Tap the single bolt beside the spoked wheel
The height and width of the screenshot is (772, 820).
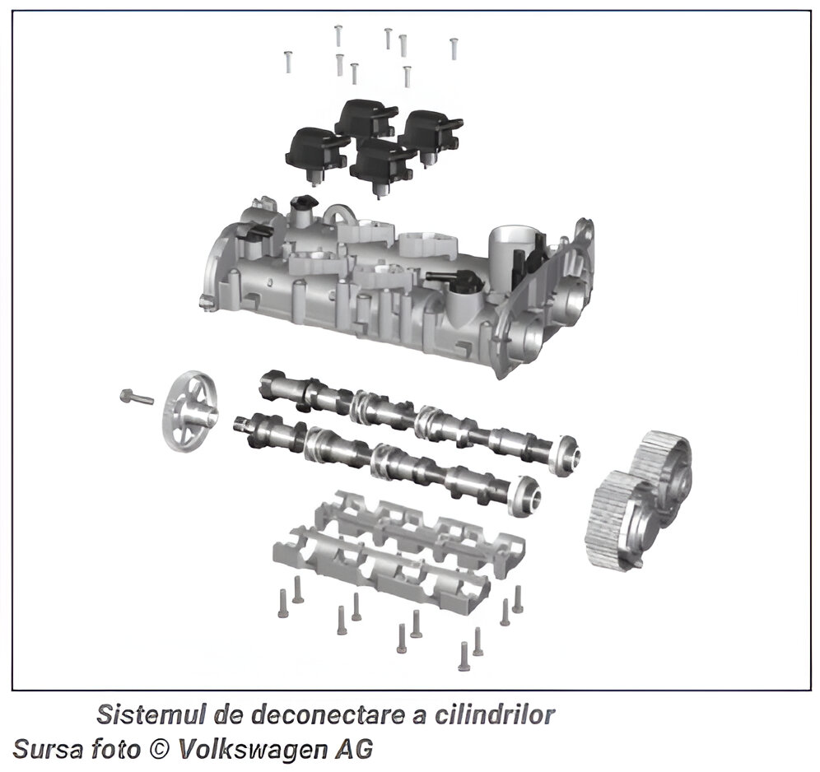[137, 398]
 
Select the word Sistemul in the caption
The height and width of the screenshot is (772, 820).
[152, 714]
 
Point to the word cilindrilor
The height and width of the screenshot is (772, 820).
[494, 714]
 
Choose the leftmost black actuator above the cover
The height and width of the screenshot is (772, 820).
[316, 155]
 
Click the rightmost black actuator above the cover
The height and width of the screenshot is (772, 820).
[431, 135]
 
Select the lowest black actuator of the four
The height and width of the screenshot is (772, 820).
[383, 166]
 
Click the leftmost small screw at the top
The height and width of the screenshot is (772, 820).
[287, 61]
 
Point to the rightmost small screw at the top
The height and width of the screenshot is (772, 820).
[454, 48]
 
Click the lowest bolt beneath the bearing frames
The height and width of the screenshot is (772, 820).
[464, 656]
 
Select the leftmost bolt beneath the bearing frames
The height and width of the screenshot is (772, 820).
[283, 603]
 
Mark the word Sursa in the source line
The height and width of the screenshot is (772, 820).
[47, 749]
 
